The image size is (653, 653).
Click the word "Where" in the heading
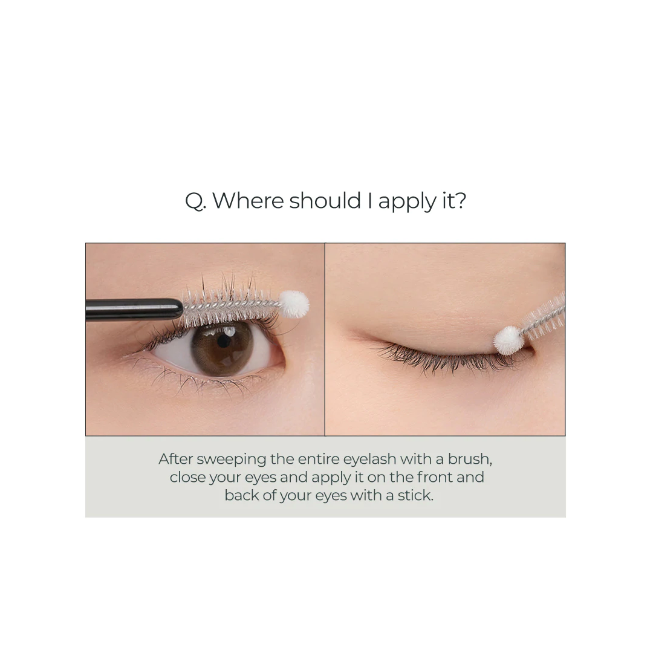pyautogui.click(x=249, y=200)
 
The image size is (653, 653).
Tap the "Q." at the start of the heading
pyautogui.click(x=195, y=201)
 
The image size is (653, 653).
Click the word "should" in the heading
pyautogui.click(x=325, y=200)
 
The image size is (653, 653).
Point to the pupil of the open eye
pyautogui.click(x=224, y=342)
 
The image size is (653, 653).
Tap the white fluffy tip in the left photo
pyautogui.click(x=294, y=303)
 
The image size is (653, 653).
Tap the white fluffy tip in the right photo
pyautogui.click(x=508, y=340)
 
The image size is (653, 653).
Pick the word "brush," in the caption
pyautogui.click(x=470, y=459)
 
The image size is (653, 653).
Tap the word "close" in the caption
pyautogui.click(x=187, y=477)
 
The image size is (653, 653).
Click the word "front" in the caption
pyautogui.click(x=434, y=477)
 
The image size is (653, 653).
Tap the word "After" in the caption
pyautogui.click(x=175, y=459)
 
